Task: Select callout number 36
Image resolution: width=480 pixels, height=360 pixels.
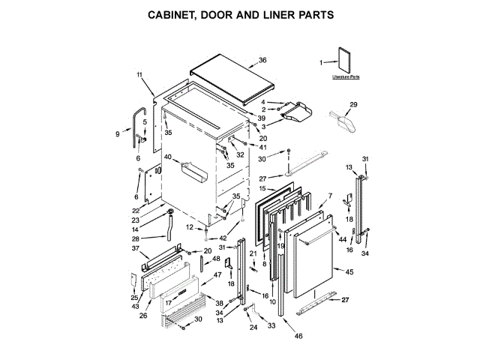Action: (x=262, y=60)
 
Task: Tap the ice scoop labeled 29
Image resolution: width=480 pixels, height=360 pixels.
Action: (x=344, y=117)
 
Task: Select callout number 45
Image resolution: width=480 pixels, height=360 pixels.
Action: (x=349, y=271)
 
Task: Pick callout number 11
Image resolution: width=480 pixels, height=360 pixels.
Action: (x=139, y=74)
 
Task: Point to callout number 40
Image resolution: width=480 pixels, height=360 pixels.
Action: (x=167, y=157)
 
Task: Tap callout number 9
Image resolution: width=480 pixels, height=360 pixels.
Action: (x=118, y=134)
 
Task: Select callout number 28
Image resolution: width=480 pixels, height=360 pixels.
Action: (x=136, y=238)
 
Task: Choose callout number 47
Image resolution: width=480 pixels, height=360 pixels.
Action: (x=218, y=275)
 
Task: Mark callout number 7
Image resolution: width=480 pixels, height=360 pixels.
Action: (x=328, y=196)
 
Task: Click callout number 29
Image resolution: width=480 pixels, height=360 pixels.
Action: (x=354, y=104)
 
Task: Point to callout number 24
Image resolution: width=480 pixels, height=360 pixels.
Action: (x=252, y=328)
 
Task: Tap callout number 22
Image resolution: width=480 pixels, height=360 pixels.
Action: (x=136, y=210)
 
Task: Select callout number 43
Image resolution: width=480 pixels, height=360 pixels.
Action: (x=135, y=307)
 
